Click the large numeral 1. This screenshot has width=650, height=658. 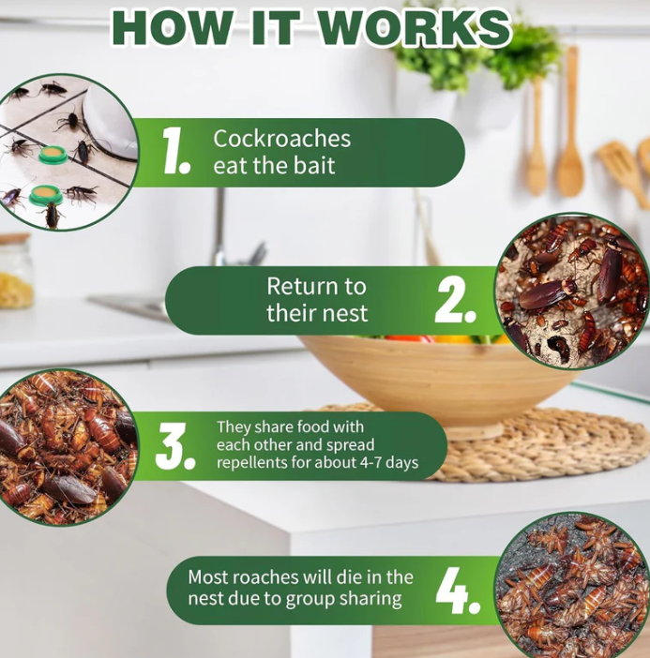point(176,151)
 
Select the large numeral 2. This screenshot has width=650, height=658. point(456,301)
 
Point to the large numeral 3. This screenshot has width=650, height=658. point(175,446)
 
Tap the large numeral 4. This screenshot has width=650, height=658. point(458,591)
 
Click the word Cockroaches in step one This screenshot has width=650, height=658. point(281,139)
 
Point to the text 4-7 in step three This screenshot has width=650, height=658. point(371,462)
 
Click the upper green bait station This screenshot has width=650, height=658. point(53,155)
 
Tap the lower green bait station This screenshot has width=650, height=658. point(46,194)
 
